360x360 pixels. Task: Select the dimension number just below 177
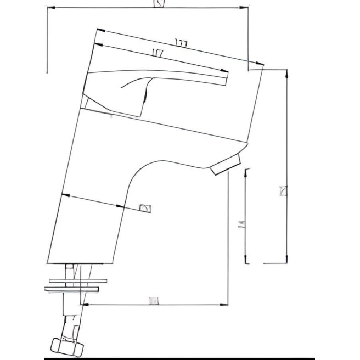click(158, 53)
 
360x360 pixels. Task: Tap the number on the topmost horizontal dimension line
click(159, 5)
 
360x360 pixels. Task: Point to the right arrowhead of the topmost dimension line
click(245, 8)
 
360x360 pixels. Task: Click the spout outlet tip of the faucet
click(225, 165)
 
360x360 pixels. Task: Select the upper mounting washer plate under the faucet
click(74, 280)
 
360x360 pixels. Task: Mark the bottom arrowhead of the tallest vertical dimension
click(286, 260)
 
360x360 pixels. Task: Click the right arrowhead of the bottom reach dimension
click(225, 303)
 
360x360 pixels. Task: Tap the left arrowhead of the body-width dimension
click(64, 195)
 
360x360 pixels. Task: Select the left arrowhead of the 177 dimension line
click(98, 31)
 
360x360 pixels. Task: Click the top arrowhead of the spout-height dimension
click(245, 171)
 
